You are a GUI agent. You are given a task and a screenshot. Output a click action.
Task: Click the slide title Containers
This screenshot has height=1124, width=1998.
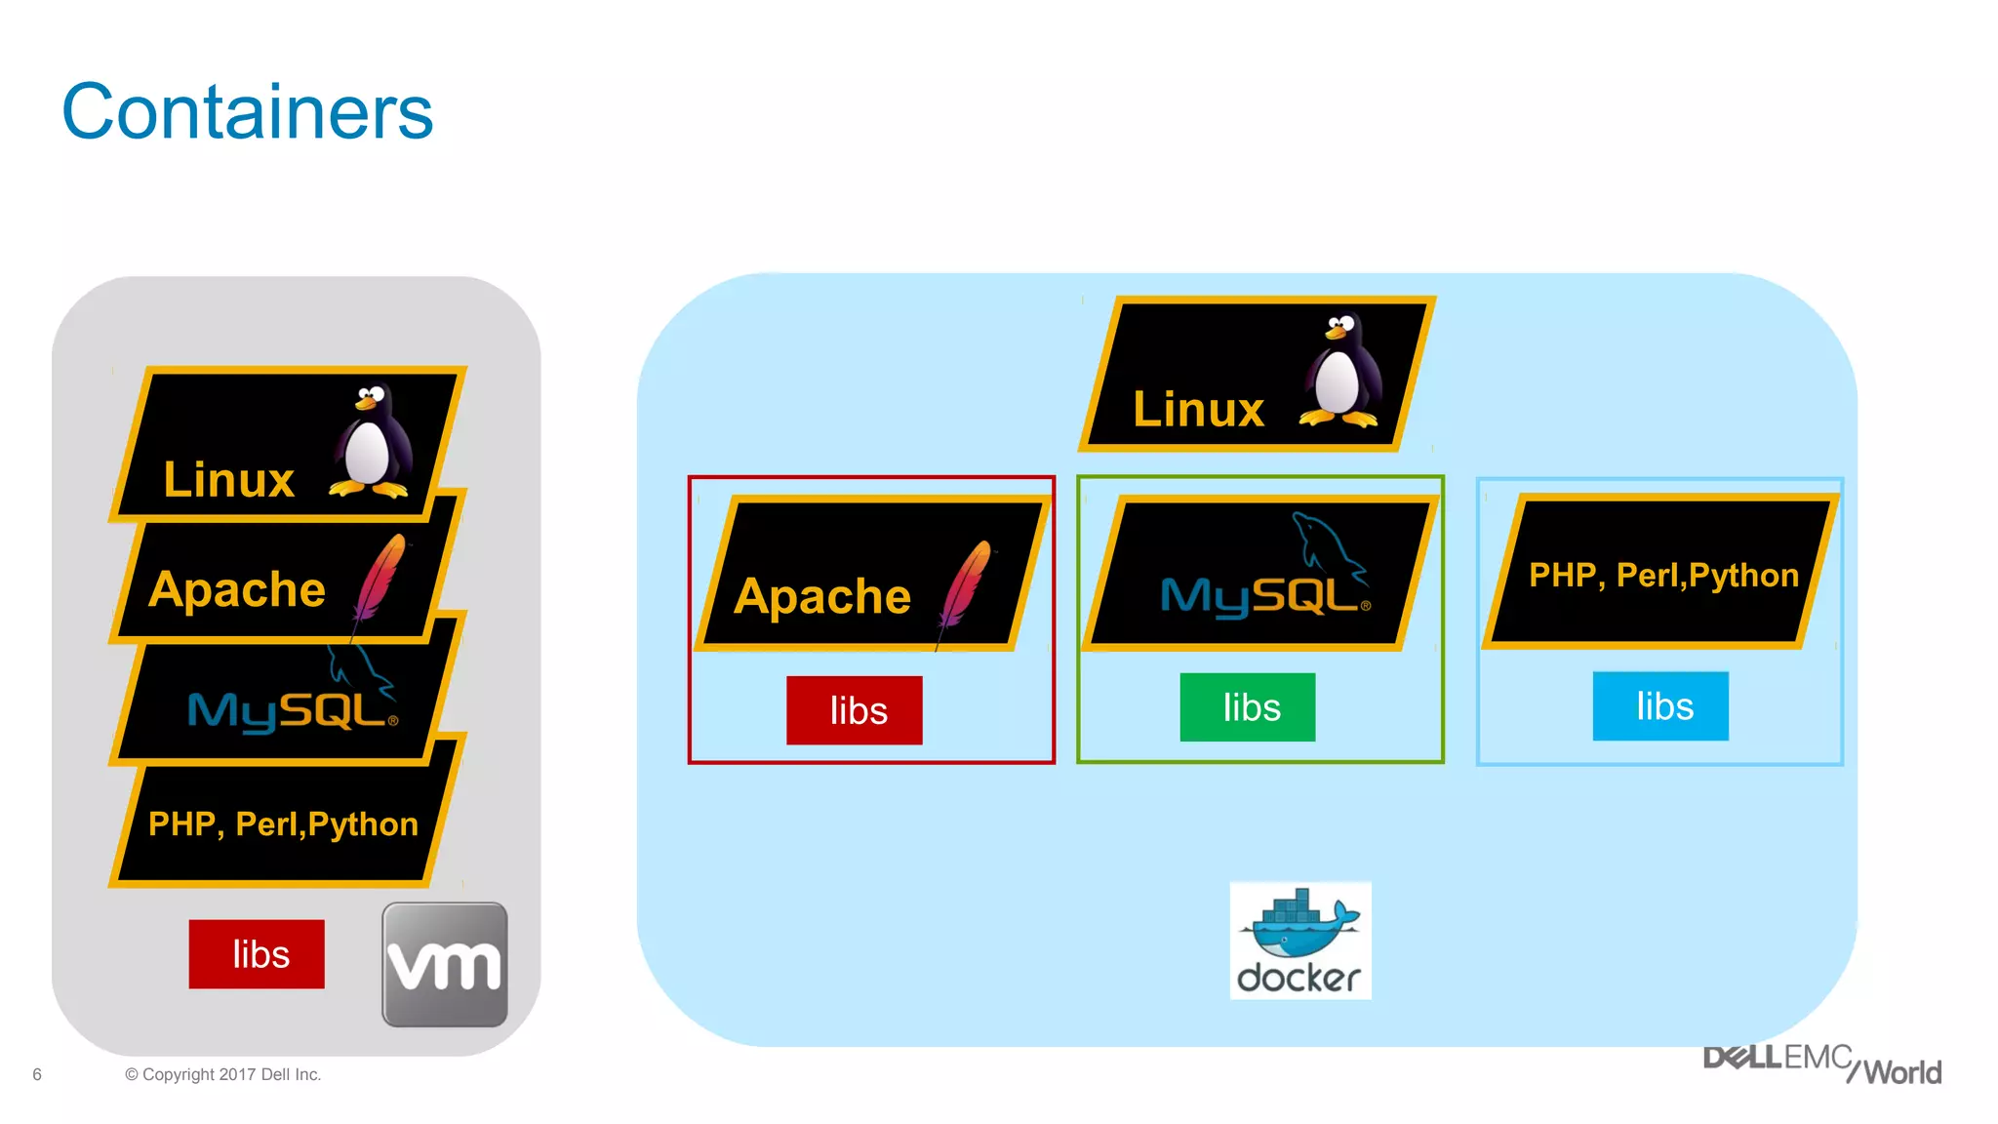pos(247,112)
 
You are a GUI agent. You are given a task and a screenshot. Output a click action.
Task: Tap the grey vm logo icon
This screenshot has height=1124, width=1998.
pos(445,964)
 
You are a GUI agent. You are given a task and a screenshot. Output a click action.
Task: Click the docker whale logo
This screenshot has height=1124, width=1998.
pos(1300,941)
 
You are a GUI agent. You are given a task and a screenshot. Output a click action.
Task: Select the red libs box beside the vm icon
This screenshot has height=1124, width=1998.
pos(257,954)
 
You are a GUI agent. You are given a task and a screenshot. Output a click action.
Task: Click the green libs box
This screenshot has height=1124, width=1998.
pos(1248,707)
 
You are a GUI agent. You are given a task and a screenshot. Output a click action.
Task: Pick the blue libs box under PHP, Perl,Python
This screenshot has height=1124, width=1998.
pos(1660,706)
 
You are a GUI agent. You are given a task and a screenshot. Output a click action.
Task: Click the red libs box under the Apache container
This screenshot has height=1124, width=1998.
pos(855,710)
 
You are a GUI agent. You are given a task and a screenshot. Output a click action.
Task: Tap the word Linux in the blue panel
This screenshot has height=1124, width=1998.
pos(1198,409)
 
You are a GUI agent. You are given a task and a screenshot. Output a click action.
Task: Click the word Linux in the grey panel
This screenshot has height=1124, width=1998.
pos(229,480)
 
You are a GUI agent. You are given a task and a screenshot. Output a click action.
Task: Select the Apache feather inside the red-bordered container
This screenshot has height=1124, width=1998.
pos(964,585)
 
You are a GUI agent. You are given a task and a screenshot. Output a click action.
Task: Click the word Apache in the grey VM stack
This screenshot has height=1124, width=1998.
pos(237,589)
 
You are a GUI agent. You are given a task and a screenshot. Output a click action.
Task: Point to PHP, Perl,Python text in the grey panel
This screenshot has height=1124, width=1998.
pos(283,824)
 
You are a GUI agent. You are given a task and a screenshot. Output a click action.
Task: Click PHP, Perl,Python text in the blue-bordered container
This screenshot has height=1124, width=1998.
pos(1663,575)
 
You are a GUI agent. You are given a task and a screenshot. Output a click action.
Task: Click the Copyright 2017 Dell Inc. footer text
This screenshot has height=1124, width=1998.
pos(223,1074)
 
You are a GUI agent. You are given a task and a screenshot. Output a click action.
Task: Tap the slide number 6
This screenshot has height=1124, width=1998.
pos(37,1074)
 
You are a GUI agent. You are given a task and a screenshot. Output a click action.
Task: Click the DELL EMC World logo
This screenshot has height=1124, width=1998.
pos(1822,1064)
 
